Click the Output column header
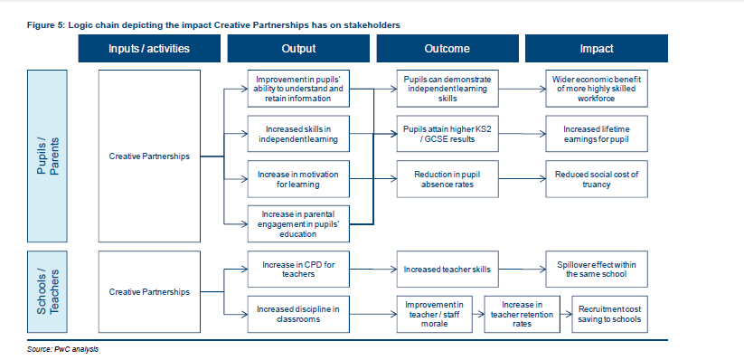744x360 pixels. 297,49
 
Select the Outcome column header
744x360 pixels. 447,49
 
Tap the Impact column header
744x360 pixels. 596,49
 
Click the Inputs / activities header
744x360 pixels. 149,49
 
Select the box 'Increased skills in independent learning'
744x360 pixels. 297,134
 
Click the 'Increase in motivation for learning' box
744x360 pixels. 297,178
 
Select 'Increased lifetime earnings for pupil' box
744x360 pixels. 596,134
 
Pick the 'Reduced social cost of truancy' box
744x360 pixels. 596,178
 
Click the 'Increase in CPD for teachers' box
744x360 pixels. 297,269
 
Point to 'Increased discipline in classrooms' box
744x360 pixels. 297,313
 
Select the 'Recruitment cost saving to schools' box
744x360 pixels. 609,313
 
